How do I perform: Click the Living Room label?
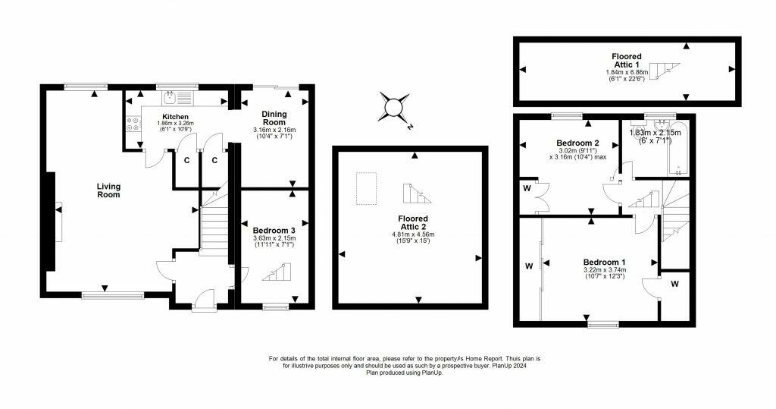pyautogui.click(x=108, y=190)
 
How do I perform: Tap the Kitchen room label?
pyautogui.click(x=175, y=117)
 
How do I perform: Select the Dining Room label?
pyautogui.click(x=274, y=118)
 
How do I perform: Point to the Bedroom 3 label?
pyautogui.click(x=274, y=231)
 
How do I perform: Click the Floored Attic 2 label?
pyautogui.click(x=413, y=222)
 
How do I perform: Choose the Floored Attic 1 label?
pyautogui.click(x=627, y=61)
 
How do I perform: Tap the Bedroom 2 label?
pyautogui.click(x=578, y=143)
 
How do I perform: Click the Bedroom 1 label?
pyautogui.click(x=604, y=263)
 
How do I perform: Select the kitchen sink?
pyautogui.click(x=169, y=95)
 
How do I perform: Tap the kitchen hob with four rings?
pyautogui.click(x=133, y=124)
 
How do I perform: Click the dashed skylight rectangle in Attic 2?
pyautogui.click(x=366, y=188)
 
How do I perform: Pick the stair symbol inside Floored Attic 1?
pyautogui.click(x=665, y=71)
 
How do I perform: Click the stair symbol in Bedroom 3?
pyautogui.click(x=277, y=272)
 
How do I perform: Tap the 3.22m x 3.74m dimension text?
pyautogui.click(x=604, y=270)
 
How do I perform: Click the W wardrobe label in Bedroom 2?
pyautogui.click(x=527, y=188)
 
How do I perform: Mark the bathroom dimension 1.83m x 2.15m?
pyautogui.click(x=655, y=133)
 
